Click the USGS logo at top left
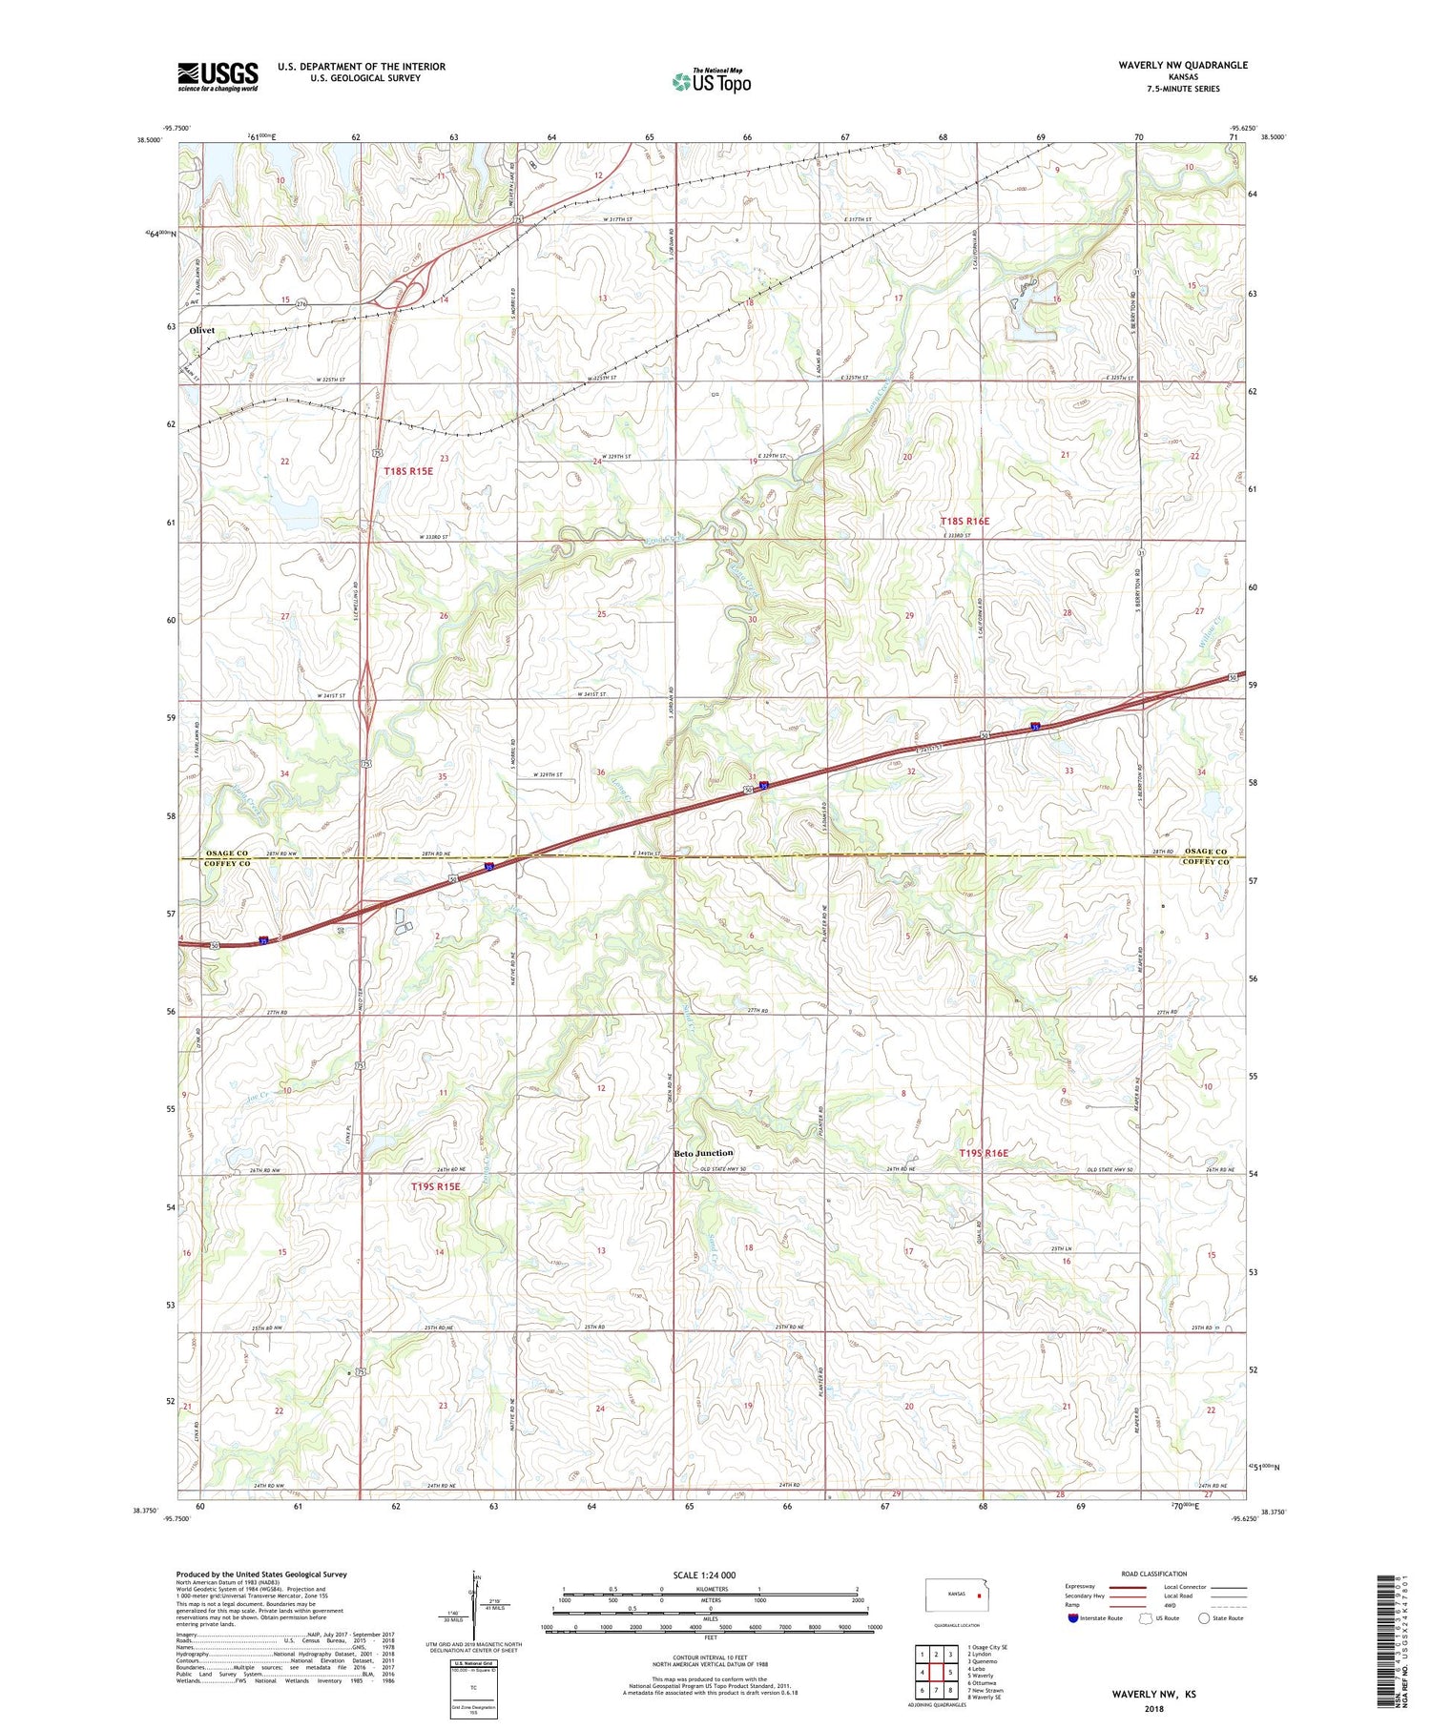click(x=218, y=76)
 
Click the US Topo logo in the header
click(x=711, y=82)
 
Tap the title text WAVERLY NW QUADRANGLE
click(x=1170, y=65)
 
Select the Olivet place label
click(x=202, y=330)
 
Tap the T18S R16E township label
click(x=964, y=521)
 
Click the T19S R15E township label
click(x=435, y=1186)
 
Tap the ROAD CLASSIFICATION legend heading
click(x=1154, y=1574)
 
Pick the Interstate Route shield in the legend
click(x=1073, y=1618)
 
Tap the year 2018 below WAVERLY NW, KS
click(x=1153, y=1708)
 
